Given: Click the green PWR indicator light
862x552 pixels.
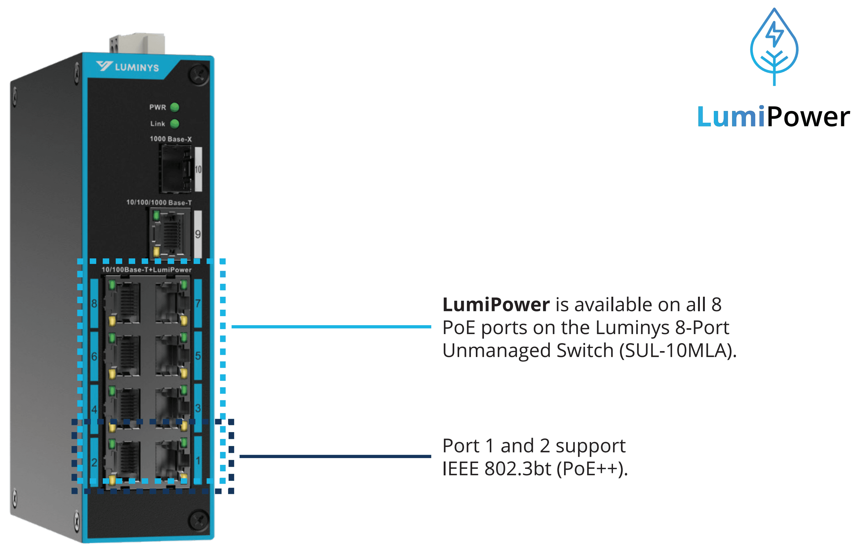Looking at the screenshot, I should pyautogui.click(x=175, y=107).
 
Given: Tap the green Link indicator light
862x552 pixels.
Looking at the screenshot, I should pyautogui.click(x=175, y=124).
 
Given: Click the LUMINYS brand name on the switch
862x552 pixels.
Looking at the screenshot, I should pyautogui.click(x=137, y=67).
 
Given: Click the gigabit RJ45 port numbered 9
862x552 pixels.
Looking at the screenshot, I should pyautogui.click(x=171, y=233).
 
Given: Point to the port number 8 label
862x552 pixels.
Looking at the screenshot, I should pyautogui.click(x=94, y=304).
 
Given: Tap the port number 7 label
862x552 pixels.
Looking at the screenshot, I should pyautogui.click(x=198, y=303).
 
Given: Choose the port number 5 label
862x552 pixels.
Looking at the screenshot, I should pyautogui.click(x=198, y=355).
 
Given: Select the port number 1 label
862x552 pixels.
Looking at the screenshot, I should pyautogui.click(x=198, y=460).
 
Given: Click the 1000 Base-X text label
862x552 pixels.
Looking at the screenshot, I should pyautogui.click(x=171, y=139).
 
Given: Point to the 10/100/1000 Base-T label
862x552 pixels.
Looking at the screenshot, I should pyautogui.click(x=159, y=202).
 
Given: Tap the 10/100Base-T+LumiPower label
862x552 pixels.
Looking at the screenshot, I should pyautogui.click(x=146, y=270).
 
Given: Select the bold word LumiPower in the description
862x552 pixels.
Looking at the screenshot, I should pyautogui.click(x=496, y=305).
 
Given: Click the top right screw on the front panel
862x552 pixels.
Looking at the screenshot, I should pyautogui.click(x=198, y=74).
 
